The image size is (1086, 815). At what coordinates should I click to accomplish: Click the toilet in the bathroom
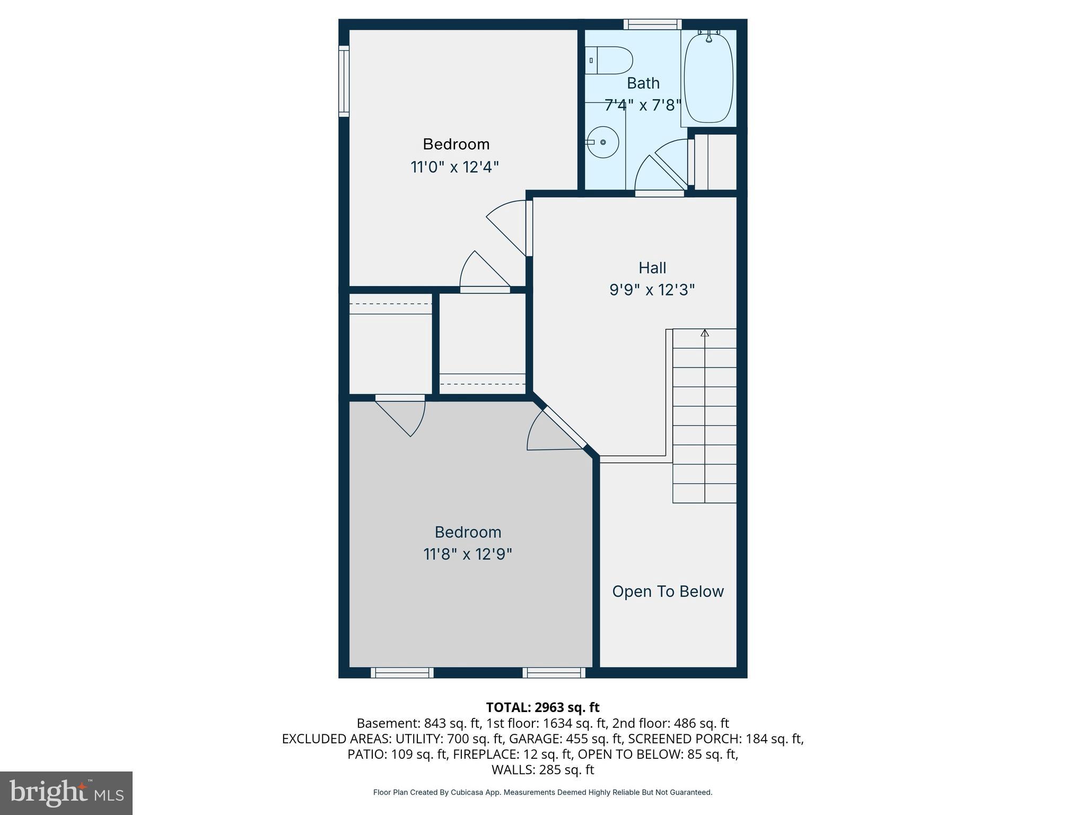point(610,60)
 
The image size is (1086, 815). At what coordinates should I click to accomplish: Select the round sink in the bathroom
point(603,142)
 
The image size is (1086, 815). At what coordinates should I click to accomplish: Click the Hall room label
point(652,268)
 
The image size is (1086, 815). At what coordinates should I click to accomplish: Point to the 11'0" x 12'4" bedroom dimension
point(455,168)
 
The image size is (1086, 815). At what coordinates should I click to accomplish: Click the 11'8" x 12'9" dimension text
point(468,554)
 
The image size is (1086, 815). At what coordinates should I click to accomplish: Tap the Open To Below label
point(668,592)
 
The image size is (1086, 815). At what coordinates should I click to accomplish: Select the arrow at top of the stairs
point(705,333)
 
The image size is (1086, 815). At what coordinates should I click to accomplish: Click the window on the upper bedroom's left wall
point(344,81)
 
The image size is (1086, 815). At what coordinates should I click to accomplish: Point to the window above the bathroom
point(652,24)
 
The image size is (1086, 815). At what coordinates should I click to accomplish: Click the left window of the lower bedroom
point(402,673)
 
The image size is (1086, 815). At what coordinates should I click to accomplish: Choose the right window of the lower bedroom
point(554,673)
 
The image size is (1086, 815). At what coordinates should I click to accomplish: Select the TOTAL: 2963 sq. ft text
point(542,707)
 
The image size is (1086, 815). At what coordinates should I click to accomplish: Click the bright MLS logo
point(66,793)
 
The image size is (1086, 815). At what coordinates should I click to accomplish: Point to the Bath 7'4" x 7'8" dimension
point(643,105)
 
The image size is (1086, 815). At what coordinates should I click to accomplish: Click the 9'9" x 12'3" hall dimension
point(652,290)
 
